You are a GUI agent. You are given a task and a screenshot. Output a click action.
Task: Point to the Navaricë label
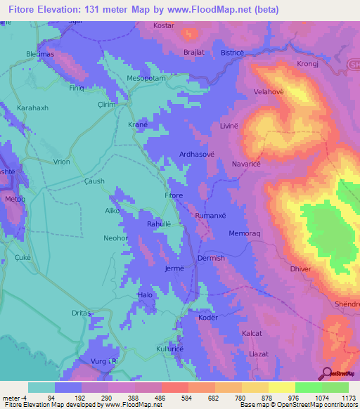246,164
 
